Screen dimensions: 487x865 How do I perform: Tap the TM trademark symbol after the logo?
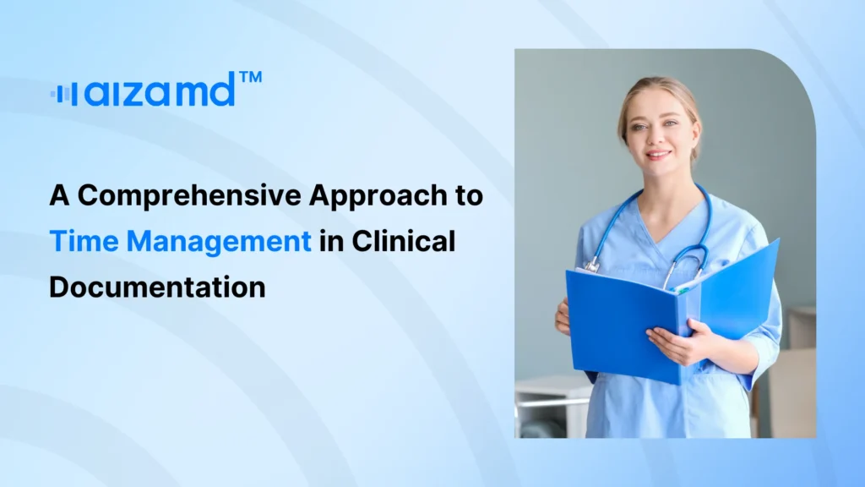251,79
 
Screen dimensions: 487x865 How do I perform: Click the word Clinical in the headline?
404,241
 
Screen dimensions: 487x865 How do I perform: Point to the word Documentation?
157,287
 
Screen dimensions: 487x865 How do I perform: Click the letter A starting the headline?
58,196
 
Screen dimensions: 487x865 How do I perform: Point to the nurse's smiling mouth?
659,156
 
